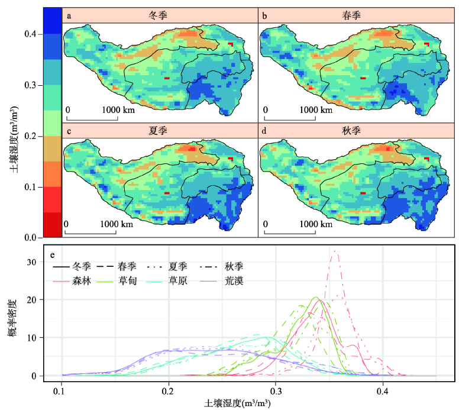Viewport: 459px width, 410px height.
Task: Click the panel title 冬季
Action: point(159,15)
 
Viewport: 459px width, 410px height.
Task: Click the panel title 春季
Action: point(357,15)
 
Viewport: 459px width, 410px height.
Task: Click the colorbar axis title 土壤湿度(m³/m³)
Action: point(13,136)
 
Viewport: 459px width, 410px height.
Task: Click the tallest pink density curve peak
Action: point(336,251)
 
